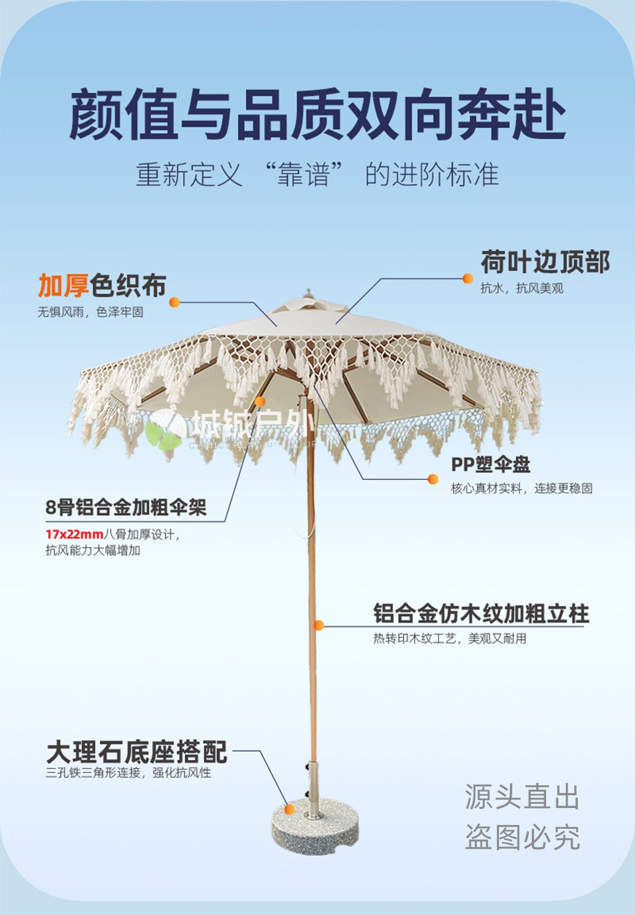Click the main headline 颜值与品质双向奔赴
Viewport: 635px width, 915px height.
click(317, 114)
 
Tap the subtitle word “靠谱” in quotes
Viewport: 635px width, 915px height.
click(304, 174)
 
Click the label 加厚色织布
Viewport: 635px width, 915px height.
click(102, 286)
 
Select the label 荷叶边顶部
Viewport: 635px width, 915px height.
click(545, 262)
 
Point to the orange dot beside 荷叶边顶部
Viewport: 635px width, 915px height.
click(468, 279)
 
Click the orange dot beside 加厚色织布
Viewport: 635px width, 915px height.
click(175, 302)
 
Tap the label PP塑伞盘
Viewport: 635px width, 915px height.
click(491, 464)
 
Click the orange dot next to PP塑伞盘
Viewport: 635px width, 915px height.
click(433, 479)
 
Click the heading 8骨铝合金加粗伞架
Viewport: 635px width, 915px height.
click(126, 507)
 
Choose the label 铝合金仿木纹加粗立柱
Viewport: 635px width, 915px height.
click(481, 614)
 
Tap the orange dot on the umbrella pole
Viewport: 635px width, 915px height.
click(319, 625)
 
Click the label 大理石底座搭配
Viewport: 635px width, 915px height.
click(137, 752)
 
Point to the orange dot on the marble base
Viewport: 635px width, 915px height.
click(289, 810)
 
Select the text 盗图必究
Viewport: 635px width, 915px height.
click(522, 837)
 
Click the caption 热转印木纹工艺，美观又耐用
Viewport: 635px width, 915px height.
click(450, 639)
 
